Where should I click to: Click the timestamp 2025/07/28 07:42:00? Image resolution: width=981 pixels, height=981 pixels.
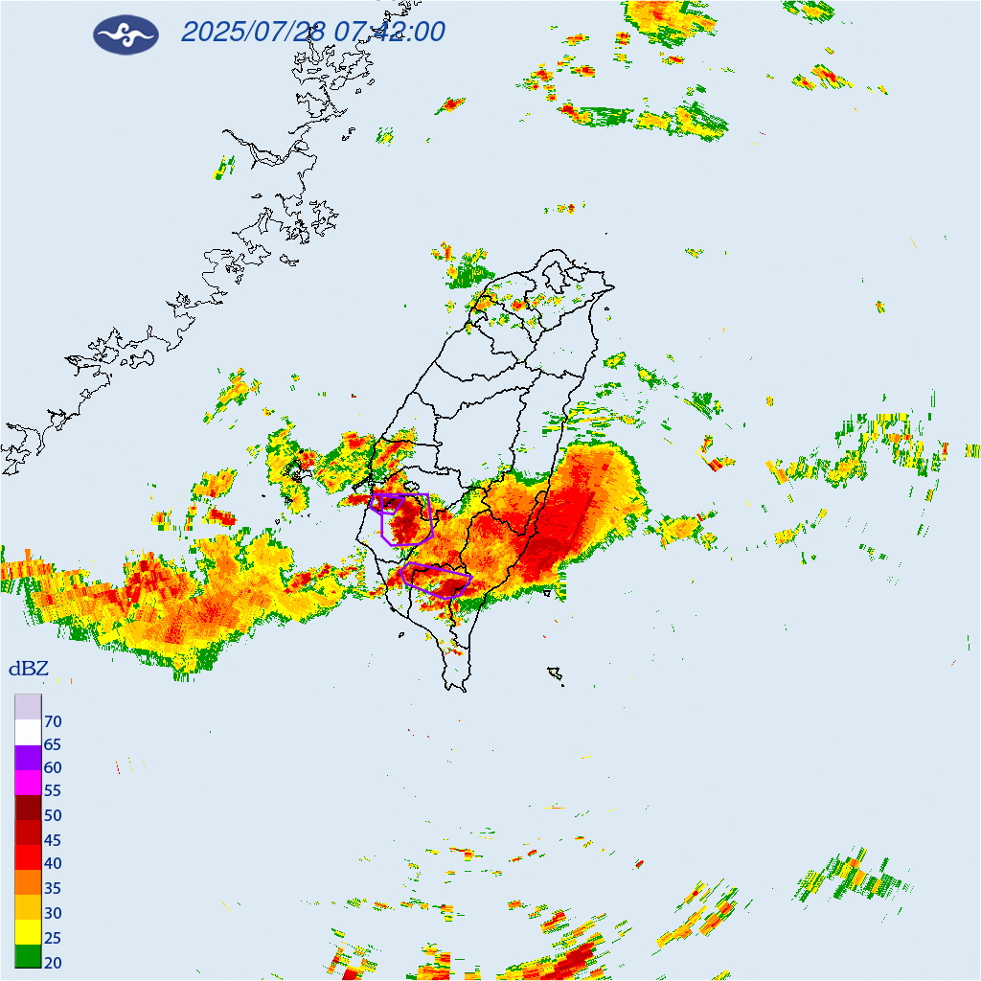(312, 32)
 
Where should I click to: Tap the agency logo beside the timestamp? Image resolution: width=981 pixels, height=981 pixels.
(125, 34)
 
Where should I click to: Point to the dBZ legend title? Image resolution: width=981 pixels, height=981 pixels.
(28, 669)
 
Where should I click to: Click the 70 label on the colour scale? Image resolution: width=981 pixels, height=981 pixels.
(53, 721)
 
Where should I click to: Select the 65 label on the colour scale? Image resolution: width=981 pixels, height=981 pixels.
(53, 744)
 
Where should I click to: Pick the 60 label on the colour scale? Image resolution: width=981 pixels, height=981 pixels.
(53, 768)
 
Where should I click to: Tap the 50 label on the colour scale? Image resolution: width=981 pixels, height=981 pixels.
(53, 816)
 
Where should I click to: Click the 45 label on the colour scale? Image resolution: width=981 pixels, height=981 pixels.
(53, 840)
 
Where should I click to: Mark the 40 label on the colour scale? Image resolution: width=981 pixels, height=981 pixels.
(53, 864)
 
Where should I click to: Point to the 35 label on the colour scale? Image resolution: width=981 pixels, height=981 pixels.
(53, 888)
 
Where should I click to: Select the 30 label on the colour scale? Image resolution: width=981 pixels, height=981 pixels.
(53, 913)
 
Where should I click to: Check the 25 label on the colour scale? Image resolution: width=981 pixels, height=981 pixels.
(53, 938)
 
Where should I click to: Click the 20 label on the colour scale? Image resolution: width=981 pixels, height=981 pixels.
(53, 962)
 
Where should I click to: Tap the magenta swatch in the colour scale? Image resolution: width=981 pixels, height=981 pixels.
(28, 783)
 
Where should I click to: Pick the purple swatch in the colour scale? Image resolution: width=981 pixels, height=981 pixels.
(28, 758)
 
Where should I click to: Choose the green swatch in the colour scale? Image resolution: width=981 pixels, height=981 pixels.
(28, 956)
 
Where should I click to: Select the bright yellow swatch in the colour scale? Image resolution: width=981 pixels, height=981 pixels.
(28, 931)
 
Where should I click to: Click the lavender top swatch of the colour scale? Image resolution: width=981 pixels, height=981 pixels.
(28, 707)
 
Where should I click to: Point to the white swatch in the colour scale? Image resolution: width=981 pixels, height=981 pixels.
(28, 733)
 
